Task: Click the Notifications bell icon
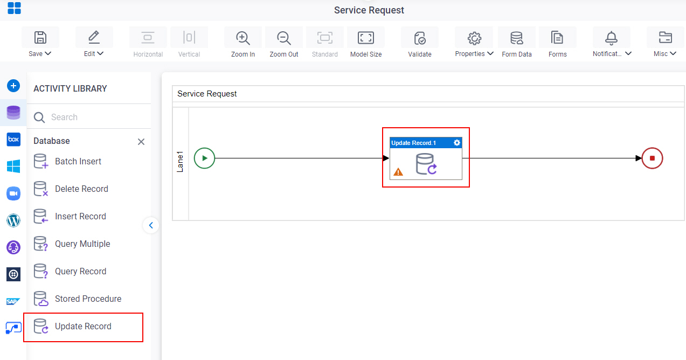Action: point(611,38)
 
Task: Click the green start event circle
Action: point(204,158)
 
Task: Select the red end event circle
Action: point(652,158)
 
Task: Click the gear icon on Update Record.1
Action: point(456,143)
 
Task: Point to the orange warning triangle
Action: point(398,172)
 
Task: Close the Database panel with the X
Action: point(141,142)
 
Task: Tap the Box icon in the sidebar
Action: point(13,140)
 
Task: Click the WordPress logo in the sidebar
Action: point(13,220)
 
